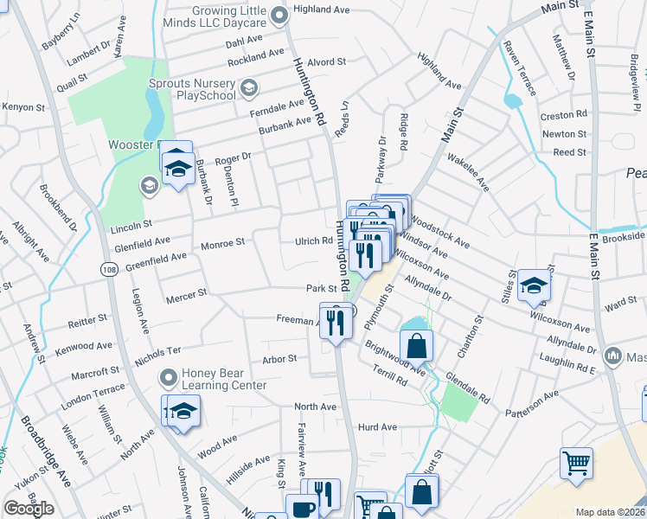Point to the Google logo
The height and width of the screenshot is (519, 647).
[29, 509]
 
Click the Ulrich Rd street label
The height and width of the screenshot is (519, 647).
[314, 241]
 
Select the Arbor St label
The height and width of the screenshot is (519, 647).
[279, 358]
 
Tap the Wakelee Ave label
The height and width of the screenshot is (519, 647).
[469, 173]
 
